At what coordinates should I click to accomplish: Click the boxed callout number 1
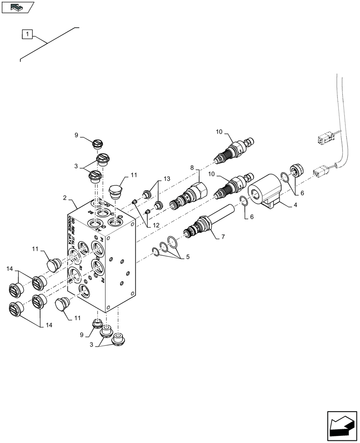[27, 34]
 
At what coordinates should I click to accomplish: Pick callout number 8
[192, 167]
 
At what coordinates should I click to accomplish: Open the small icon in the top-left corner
[17, 8]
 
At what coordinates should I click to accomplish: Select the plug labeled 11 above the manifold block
[116, 191]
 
